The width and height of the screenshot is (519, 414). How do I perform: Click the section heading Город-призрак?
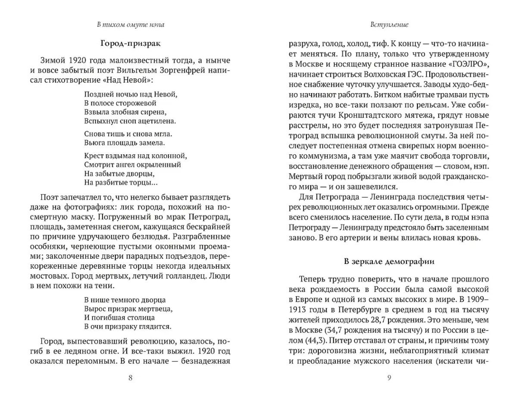click(130, 43)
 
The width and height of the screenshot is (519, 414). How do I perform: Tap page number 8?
click(131, 378)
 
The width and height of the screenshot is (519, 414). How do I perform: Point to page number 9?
click(389, 378)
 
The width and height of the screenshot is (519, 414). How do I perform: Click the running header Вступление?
click(389, 25)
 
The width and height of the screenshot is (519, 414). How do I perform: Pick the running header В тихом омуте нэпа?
click(130, 25)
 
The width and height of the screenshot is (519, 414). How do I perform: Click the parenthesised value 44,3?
click(310, 341)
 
